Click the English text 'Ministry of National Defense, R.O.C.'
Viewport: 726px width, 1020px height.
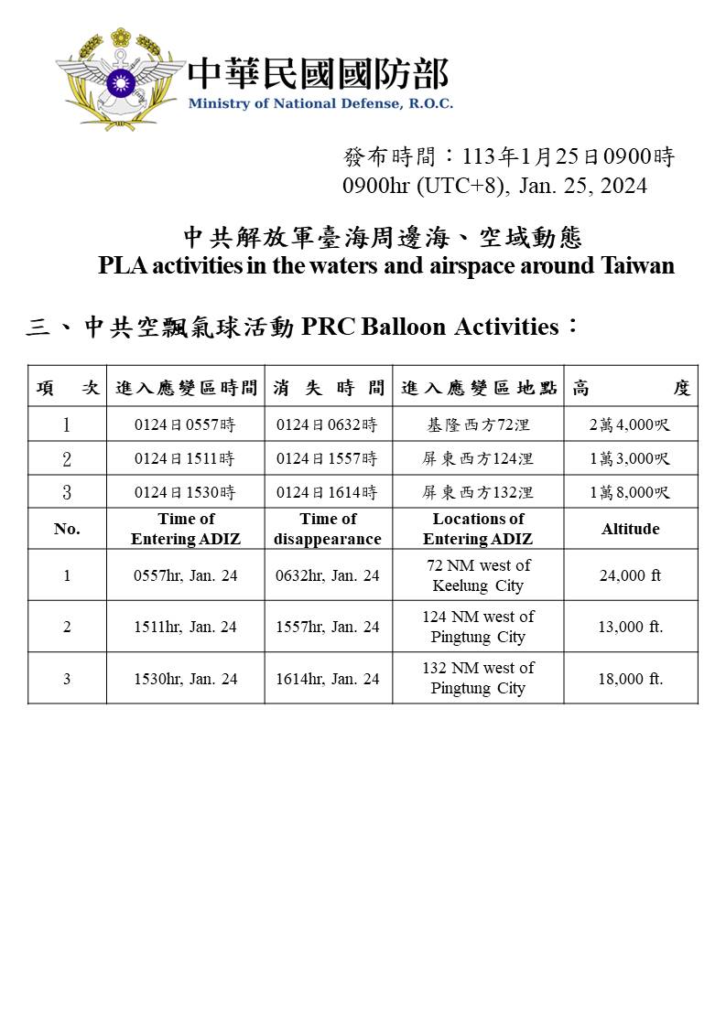(320, 103)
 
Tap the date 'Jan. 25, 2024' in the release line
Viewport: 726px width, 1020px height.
(582, 186)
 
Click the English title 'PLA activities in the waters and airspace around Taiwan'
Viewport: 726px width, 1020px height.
(385, 266)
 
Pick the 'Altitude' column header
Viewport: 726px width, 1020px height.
(630, 529)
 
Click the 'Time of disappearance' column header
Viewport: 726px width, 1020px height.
(328, 529)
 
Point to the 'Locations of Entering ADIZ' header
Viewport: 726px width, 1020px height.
(478, 529)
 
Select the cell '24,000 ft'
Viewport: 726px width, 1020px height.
(630, 575)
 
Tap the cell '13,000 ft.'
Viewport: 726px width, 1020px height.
(630, 627)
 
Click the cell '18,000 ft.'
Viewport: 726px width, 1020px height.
(630, 678)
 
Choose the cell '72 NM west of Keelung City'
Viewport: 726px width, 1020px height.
(478, 575)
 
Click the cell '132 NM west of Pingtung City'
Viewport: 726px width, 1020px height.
(478, 678)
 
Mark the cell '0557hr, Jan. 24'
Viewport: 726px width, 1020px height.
(185, 575)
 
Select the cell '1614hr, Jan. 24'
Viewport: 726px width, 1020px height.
(328, 678)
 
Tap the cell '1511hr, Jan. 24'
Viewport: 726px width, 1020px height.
(185, 627)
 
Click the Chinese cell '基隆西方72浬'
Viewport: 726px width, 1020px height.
(478, 425)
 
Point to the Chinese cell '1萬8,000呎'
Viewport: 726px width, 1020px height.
(630, 492)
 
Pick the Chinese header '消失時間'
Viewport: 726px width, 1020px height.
(328, 388)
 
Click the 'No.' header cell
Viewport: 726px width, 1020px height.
(67, 529)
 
